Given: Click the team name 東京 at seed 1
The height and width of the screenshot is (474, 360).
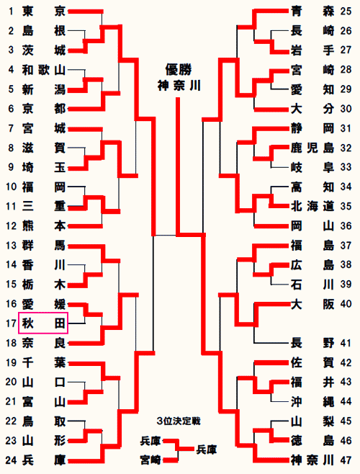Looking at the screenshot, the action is (x=44, y=12).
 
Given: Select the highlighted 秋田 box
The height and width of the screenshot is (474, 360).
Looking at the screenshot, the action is (x=43, y=323).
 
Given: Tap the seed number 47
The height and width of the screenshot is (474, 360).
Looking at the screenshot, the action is (x=346, y=460).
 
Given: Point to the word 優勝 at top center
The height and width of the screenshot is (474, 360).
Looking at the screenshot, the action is (x=179, y=70).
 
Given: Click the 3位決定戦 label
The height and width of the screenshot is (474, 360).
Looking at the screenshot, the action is (x=179, y=421).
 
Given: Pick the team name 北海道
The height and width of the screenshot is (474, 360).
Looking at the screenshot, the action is (x=312, y=206).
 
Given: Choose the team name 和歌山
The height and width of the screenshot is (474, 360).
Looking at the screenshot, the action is (x=44, y=70).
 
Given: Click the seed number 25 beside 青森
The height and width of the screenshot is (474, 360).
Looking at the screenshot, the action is (x=346, y=12).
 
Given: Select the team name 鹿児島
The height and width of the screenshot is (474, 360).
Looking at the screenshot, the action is (x=312, y=148).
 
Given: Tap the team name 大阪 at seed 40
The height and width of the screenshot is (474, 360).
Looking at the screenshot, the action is (x=312, y=304).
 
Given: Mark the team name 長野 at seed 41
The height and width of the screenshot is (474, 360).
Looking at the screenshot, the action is (x=312, y=343).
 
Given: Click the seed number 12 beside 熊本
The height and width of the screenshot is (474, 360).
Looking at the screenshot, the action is (x=11, y=225).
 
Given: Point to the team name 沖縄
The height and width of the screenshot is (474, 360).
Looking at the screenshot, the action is (x=312, y=401).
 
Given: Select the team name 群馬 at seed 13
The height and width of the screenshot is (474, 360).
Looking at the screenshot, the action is (x=44, y=245).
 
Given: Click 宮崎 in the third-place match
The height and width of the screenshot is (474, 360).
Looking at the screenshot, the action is (x=150, y=460).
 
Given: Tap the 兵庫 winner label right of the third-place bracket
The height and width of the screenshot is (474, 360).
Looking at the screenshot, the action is (x=207, y=450).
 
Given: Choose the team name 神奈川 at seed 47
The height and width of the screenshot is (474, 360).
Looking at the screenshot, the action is (x=312, y=460).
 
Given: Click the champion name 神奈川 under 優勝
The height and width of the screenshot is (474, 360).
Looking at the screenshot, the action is (x=179, y=86).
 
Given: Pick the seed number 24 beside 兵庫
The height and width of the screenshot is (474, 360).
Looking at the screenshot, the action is (x=11, y=460).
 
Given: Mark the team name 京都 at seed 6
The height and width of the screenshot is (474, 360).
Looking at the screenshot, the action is (x=44, y=109).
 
